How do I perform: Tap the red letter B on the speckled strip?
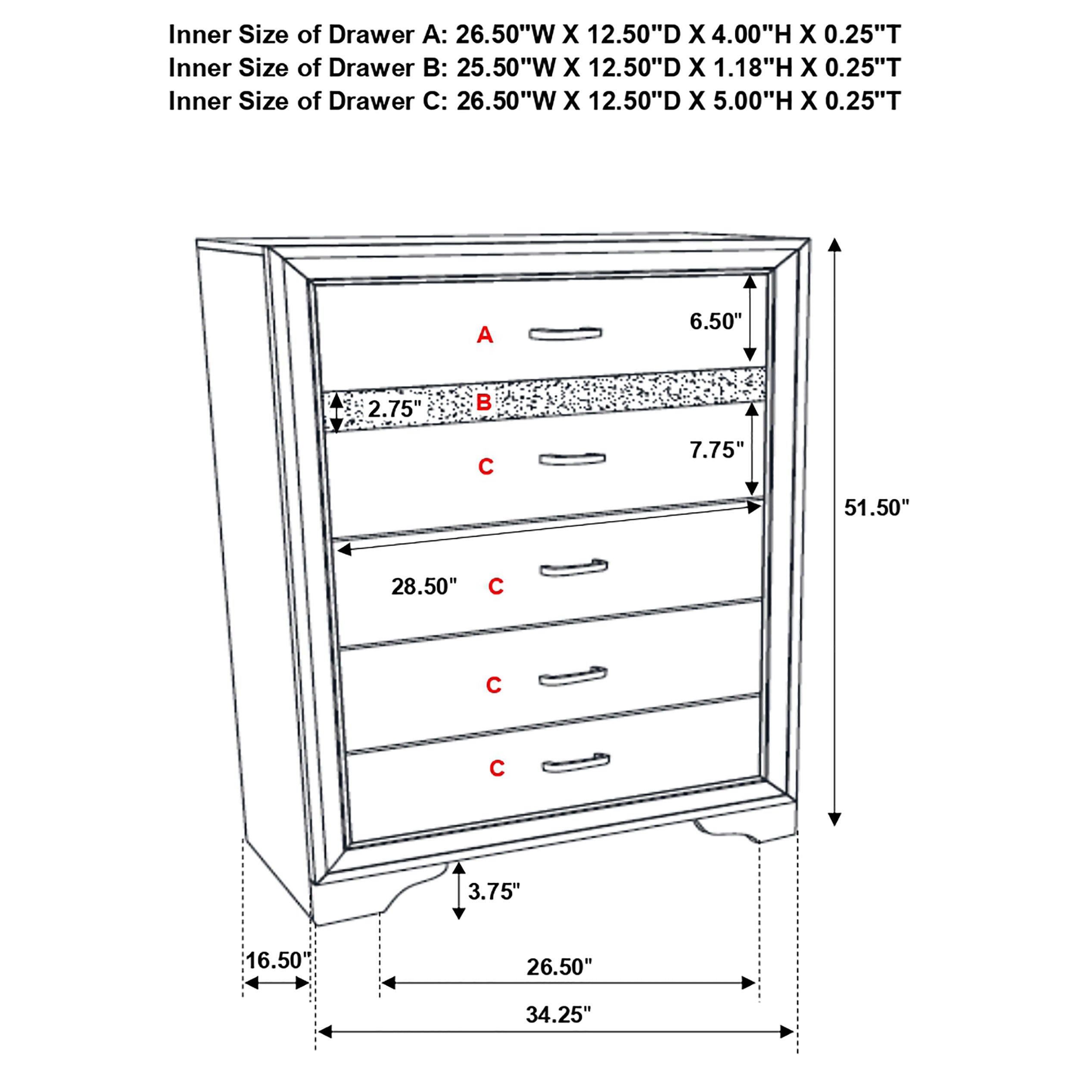point(483,402)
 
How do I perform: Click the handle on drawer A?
point(565,333)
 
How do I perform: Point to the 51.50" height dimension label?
point(876,508)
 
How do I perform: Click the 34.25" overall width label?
point(558,1015)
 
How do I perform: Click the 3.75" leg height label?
point(494,891)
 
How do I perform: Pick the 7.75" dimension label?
point(716,450)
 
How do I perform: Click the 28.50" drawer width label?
point(423,586)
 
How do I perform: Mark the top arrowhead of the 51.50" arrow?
point(834,245)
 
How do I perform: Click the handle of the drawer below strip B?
point(572,459)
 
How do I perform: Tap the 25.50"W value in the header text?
point(506,68)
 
